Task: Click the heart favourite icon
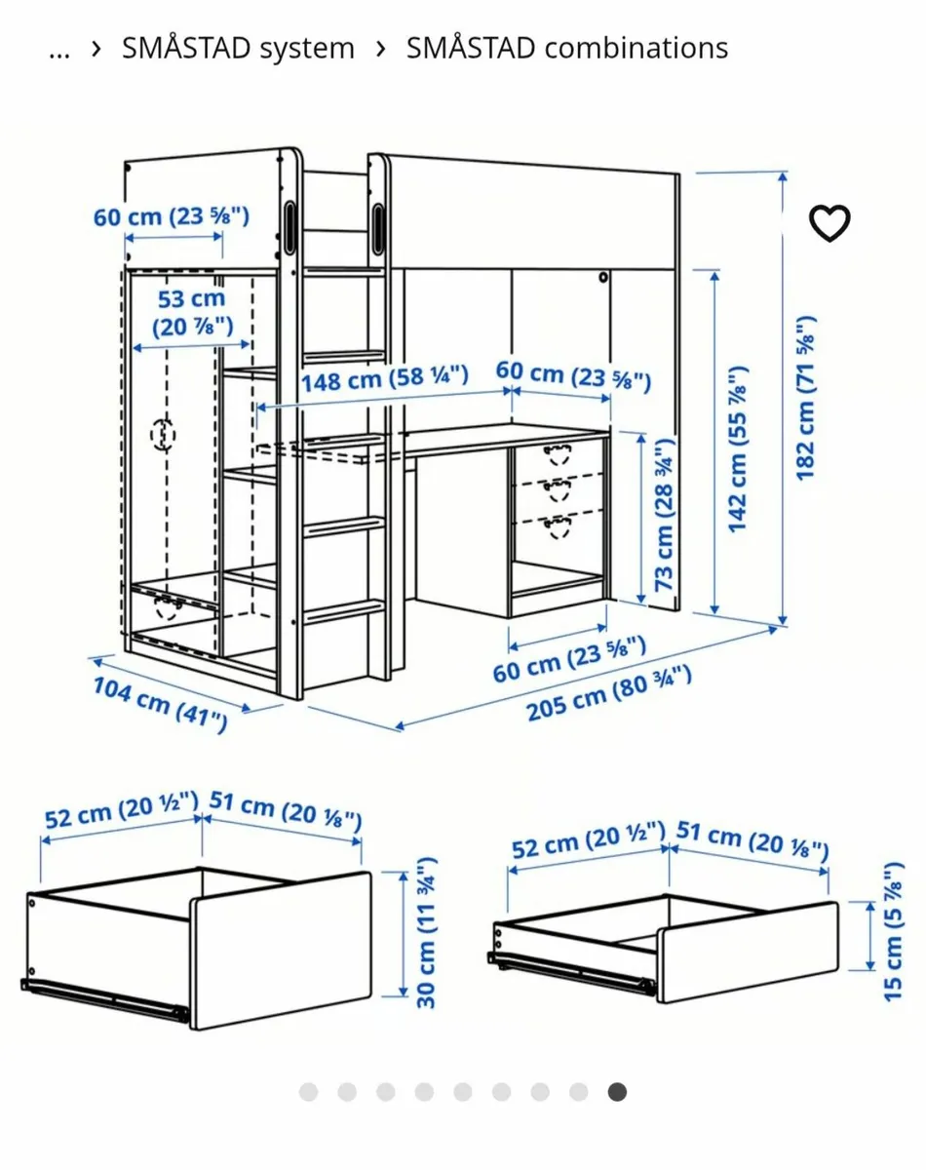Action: pos(830,223)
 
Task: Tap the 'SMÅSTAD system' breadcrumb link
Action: pos(238,48)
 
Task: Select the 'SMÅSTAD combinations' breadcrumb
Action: pos(567,48)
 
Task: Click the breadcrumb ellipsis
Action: pos(59,54)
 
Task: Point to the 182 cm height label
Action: pos(805,398)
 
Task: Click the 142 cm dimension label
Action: pos(738,449)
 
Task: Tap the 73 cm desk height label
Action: pos(664,515)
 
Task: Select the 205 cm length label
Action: pos(608,694)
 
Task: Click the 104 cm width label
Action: pos(160,705)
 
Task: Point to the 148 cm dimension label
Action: pos(385,378)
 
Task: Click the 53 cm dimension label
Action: pos(192,313)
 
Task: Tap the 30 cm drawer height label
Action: pos(426,933)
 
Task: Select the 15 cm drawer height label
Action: pos(893,932)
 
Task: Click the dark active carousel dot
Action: pos(617,1092)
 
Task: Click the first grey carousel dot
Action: pos(308,1092)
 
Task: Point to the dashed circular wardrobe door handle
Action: pos(163,435)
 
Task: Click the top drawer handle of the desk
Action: pos(558,455)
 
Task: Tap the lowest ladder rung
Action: pos(344,610)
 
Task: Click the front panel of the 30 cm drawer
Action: pos(281,951)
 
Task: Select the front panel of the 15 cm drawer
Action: pos(749,952)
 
